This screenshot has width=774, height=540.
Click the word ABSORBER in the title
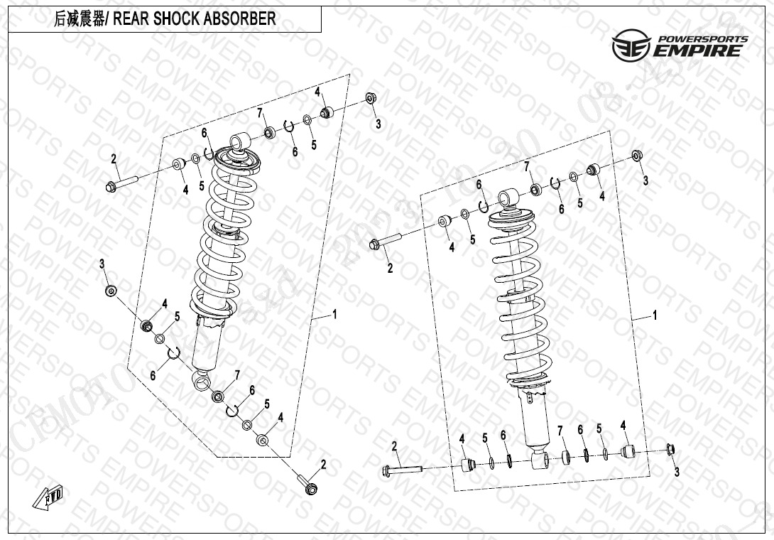241,19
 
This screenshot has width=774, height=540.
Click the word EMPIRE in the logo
700,50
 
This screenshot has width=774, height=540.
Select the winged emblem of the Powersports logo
631,45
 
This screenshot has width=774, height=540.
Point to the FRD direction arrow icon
43,499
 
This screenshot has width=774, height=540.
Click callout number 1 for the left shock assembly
334,314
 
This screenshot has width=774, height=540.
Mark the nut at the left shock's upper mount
371,98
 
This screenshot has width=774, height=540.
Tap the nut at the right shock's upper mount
637,155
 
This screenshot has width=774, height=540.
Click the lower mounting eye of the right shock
538,462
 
